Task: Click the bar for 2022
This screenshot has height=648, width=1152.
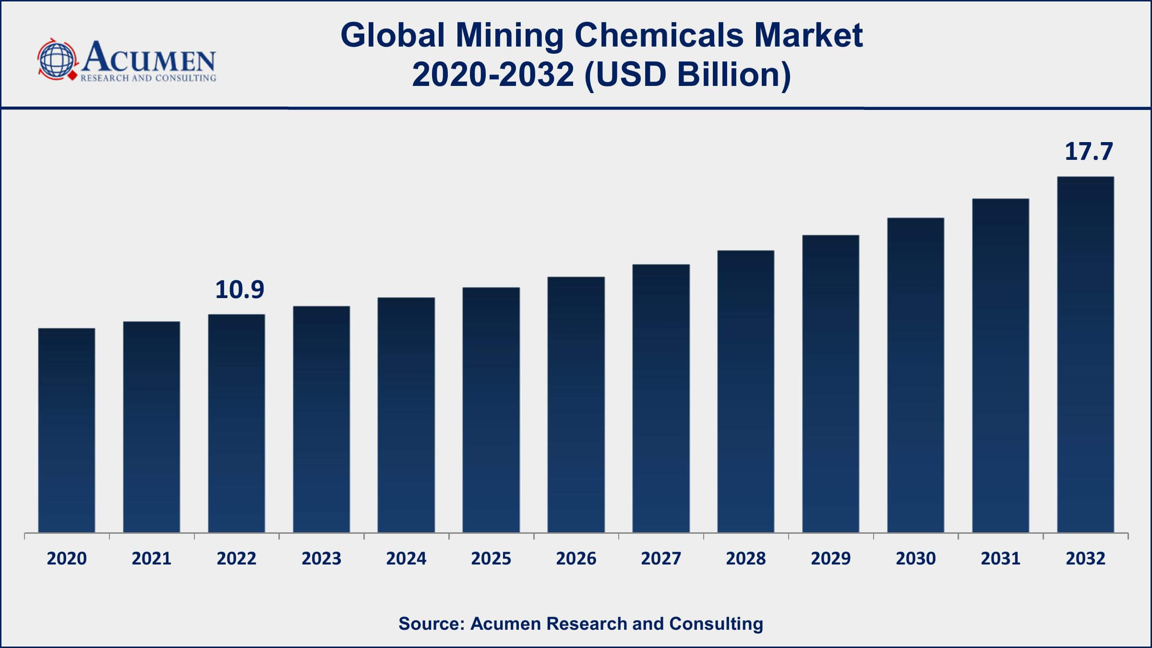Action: [x=236, y=423]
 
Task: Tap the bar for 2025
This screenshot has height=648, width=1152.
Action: [x=491, y=410]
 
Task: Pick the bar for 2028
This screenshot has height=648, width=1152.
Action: [x=745, y=391]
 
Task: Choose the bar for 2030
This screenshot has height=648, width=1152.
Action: [x=915, y=375]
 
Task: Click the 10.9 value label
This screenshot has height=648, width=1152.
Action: [x=240, y=290]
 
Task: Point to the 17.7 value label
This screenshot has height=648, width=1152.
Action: [x=1088, y=152]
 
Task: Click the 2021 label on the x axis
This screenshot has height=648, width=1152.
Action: [x=152, y=558]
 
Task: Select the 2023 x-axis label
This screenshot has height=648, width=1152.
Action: [x=321, y=558]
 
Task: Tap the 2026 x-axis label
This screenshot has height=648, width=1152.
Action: [x=576, y=558]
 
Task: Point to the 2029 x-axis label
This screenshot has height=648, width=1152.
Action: [x=830, y=558]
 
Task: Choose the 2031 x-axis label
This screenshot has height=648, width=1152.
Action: [x=1000, y=558]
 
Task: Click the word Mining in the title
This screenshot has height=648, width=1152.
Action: [x=509, y=36]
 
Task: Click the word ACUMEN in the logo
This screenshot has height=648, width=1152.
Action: [x=149, y=58]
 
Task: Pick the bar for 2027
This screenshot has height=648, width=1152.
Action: [x=661, y=398]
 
